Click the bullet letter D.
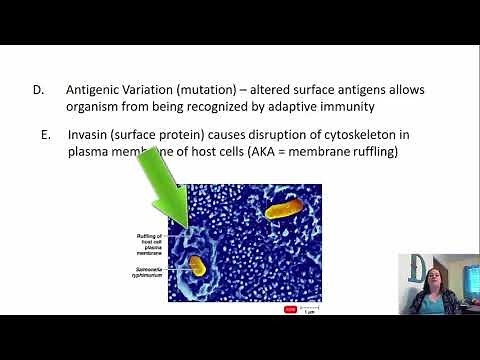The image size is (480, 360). pyautogui.click(x=37, y=90)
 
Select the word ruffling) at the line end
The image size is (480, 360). pyautogui.click(x=368, y=153)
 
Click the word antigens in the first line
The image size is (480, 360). pyautogui.click(x=351, y=90)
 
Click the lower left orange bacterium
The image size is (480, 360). pyautogui.click(x=197, y=267)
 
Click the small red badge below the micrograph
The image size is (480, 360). pyautogui.click(x=291, y=309)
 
